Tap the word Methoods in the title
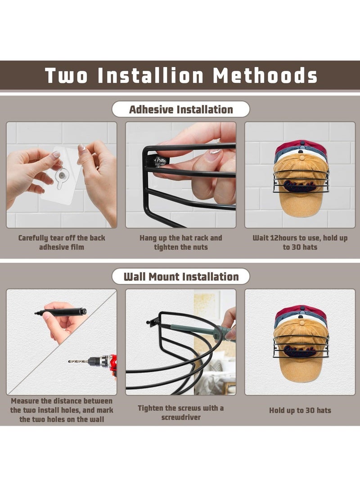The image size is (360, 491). (x=265, y=76)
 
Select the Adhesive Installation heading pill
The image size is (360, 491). (x=181, y=109)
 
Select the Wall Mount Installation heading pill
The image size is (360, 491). (x=181, y=276)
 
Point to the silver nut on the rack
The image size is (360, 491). (x=161, y=161)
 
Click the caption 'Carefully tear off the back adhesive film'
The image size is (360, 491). (x=62, y=242)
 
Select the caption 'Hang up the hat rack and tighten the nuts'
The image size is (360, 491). (x=181, y=242)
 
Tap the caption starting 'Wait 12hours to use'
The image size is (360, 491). (x=300, y=242)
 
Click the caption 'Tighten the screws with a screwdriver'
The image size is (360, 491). (x=181, y=412)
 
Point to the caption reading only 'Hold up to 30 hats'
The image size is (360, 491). (x=300, y=410)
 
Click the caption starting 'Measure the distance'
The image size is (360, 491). (x=62, y=410)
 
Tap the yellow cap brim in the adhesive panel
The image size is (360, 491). (x=301, y=205)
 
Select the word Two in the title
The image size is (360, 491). (x=66, y=76)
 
